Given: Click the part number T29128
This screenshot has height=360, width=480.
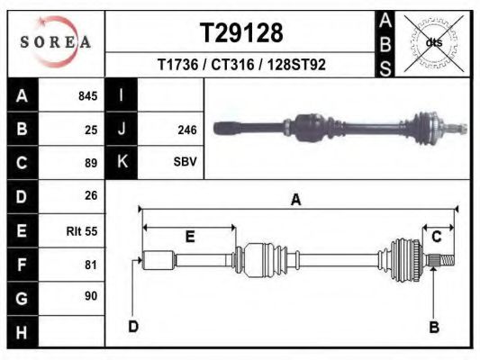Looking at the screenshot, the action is [x=241, y=32].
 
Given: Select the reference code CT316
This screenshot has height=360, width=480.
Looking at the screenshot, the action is [x=232, y=65].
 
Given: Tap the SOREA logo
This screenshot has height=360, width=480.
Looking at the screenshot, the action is [x=56, y=41].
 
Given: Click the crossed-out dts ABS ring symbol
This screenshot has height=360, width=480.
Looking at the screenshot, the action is [x=434, y=43].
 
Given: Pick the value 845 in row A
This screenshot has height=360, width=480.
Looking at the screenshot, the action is [x=88, y=96].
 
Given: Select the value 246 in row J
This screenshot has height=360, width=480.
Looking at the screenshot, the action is [x=187, y=130].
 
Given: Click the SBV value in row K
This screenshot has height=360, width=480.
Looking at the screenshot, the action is [x=185, y=161].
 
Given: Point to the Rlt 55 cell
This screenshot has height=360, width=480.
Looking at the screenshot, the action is [x=82, y=231].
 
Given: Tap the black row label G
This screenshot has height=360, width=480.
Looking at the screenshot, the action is [x=22, y=298].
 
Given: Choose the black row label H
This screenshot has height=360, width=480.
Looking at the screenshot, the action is [x=22, y=332].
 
